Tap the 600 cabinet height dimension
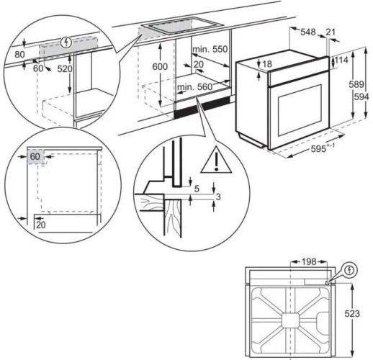(160, 66)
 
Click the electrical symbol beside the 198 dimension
(351, 271)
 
